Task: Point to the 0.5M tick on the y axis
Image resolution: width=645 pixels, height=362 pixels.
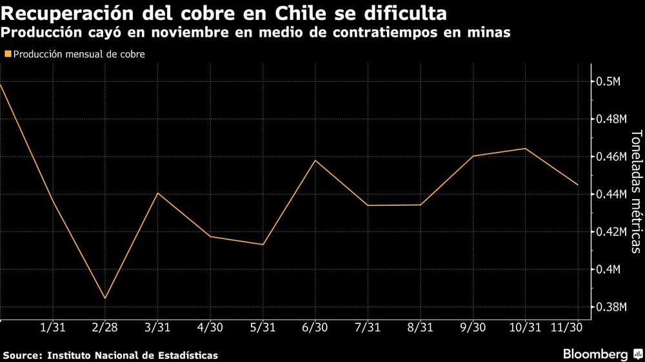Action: (608, 82)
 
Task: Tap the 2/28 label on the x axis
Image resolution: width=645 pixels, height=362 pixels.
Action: (104, 328)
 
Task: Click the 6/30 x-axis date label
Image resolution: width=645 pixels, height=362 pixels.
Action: (314, 328)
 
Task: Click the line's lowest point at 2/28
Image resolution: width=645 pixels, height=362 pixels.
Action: (104, 298)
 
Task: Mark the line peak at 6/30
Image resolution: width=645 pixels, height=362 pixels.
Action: (314, 160)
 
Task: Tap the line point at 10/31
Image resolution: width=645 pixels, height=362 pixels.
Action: (525, 148)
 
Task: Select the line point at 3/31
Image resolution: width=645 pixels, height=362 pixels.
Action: (157, 193)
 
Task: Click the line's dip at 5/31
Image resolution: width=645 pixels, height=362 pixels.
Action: (263, 245)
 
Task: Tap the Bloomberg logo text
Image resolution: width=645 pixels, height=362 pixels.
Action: (595, 354)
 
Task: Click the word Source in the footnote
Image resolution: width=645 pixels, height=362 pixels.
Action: (21, 355)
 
